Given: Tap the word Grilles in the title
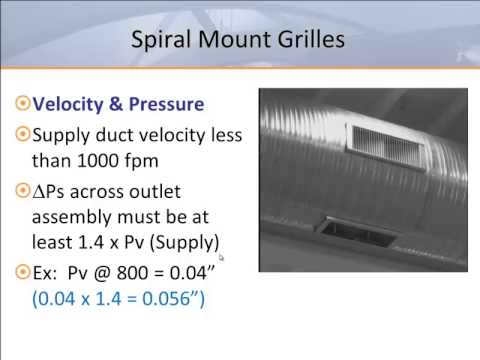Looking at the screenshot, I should [x=311, y=41].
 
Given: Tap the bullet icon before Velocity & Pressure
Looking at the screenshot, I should [x=24, y=104].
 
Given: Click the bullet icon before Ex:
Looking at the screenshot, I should [x=24, y=272].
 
